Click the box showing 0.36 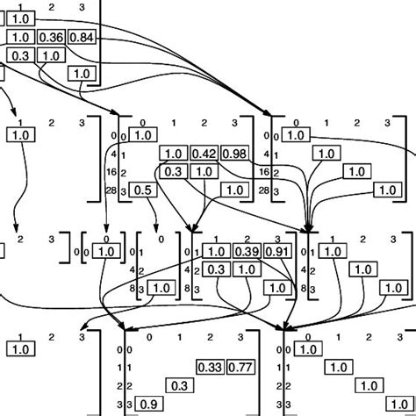tap(52, 37)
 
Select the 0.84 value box tap(81, 37)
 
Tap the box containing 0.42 tap(204, 154)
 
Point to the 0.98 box tap(234, 154)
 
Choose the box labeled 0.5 tap(144, 190)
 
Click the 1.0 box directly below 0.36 tap(51, 55)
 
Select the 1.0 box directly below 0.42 tap(203, 172)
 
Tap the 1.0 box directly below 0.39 tap(247, 269)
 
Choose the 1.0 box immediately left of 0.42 tap(174, 154)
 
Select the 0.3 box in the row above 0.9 tap(178, 385)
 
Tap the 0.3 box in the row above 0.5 tap(174, 172)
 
